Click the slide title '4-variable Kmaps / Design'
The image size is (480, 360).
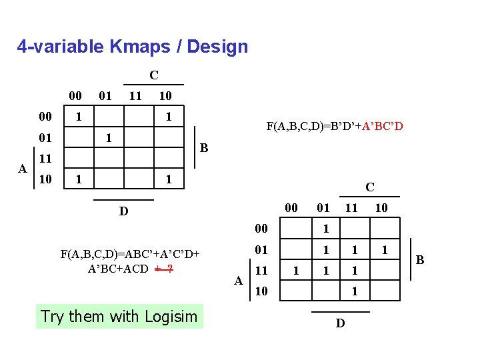point(133,47)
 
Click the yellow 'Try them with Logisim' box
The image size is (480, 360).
point(119,316)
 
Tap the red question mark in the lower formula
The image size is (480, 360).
point(171,269)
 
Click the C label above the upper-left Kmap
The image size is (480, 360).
point(153,75)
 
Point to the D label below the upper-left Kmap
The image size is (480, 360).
point(123,211)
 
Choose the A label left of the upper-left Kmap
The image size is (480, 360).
point(23,169)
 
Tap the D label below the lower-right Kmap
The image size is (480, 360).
point(340,323)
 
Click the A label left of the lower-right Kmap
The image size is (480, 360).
point(239,281)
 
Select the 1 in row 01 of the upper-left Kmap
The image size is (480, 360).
point(109,138)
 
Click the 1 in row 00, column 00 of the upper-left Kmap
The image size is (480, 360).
point(79,117)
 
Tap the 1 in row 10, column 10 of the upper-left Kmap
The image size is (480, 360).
point(169,179)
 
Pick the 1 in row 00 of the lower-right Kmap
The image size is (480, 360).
point(325,229)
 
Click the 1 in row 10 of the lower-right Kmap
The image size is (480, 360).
point(355,291)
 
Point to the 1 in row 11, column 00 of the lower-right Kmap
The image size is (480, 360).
point(297,271)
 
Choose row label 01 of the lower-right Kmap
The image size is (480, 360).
point(261,250)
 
